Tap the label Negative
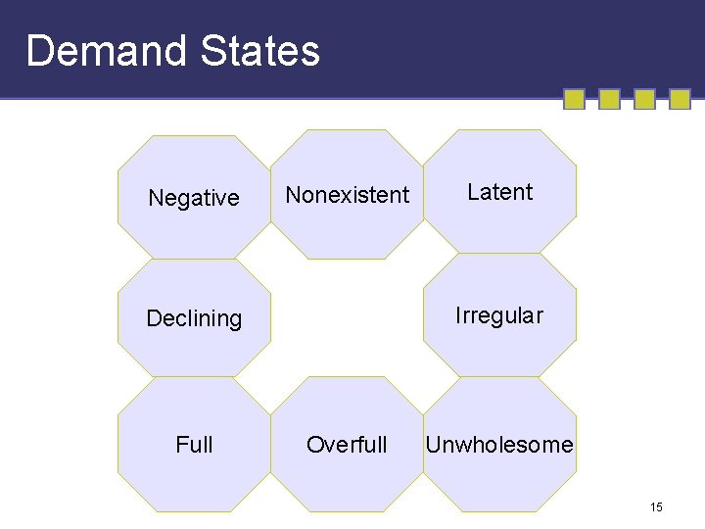(x=194, y=198)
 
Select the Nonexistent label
(x=348, y=195)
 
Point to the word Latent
(x=500, y=192)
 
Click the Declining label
(x=194, y=318)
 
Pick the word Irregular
(x=499, y=315)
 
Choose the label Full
(x=194, y=445)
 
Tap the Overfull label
(x=347, y=445)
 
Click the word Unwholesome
(x=499, y=445)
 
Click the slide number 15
(x=656, y=507)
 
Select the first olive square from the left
(x=575, y=99)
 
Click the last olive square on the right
(x=680, y=99)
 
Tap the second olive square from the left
(x=609, y=99)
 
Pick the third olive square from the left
(x=644, y=99)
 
